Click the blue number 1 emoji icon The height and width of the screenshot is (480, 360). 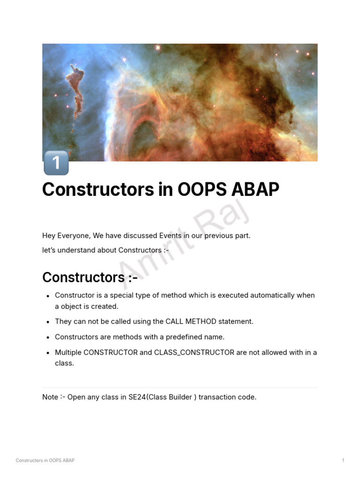pos(56,163)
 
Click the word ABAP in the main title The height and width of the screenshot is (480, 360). pos(255,189)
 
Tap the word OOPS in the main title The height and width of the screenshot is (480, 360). pos(202,189)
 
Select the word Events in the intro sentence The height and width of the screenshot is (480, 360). pos(170,236)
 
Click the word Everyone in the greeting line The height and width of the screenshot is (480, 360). pos(74,236)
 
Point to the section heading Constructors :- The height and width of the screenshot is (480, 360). pos(90,277)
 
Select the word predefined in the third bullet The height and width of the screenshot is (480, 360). pos(184,337)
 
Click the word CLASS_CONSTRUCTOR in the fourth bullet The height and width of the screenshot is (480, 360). pos(194,352)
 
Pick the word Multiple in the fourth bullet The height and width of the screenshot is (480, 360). pos(68,352)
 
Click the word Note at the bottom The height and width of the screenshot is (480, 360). pos(50,397)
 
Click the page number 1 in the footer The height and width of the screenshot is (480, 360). pos(343,460)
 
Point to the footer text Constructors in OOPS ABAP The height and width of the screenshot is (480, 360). pos(45,460)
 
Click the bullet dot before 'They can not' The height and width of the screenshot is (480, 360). pos(48,322)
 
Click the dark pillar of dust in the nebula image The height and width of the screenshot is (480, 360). pos(76,90)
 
